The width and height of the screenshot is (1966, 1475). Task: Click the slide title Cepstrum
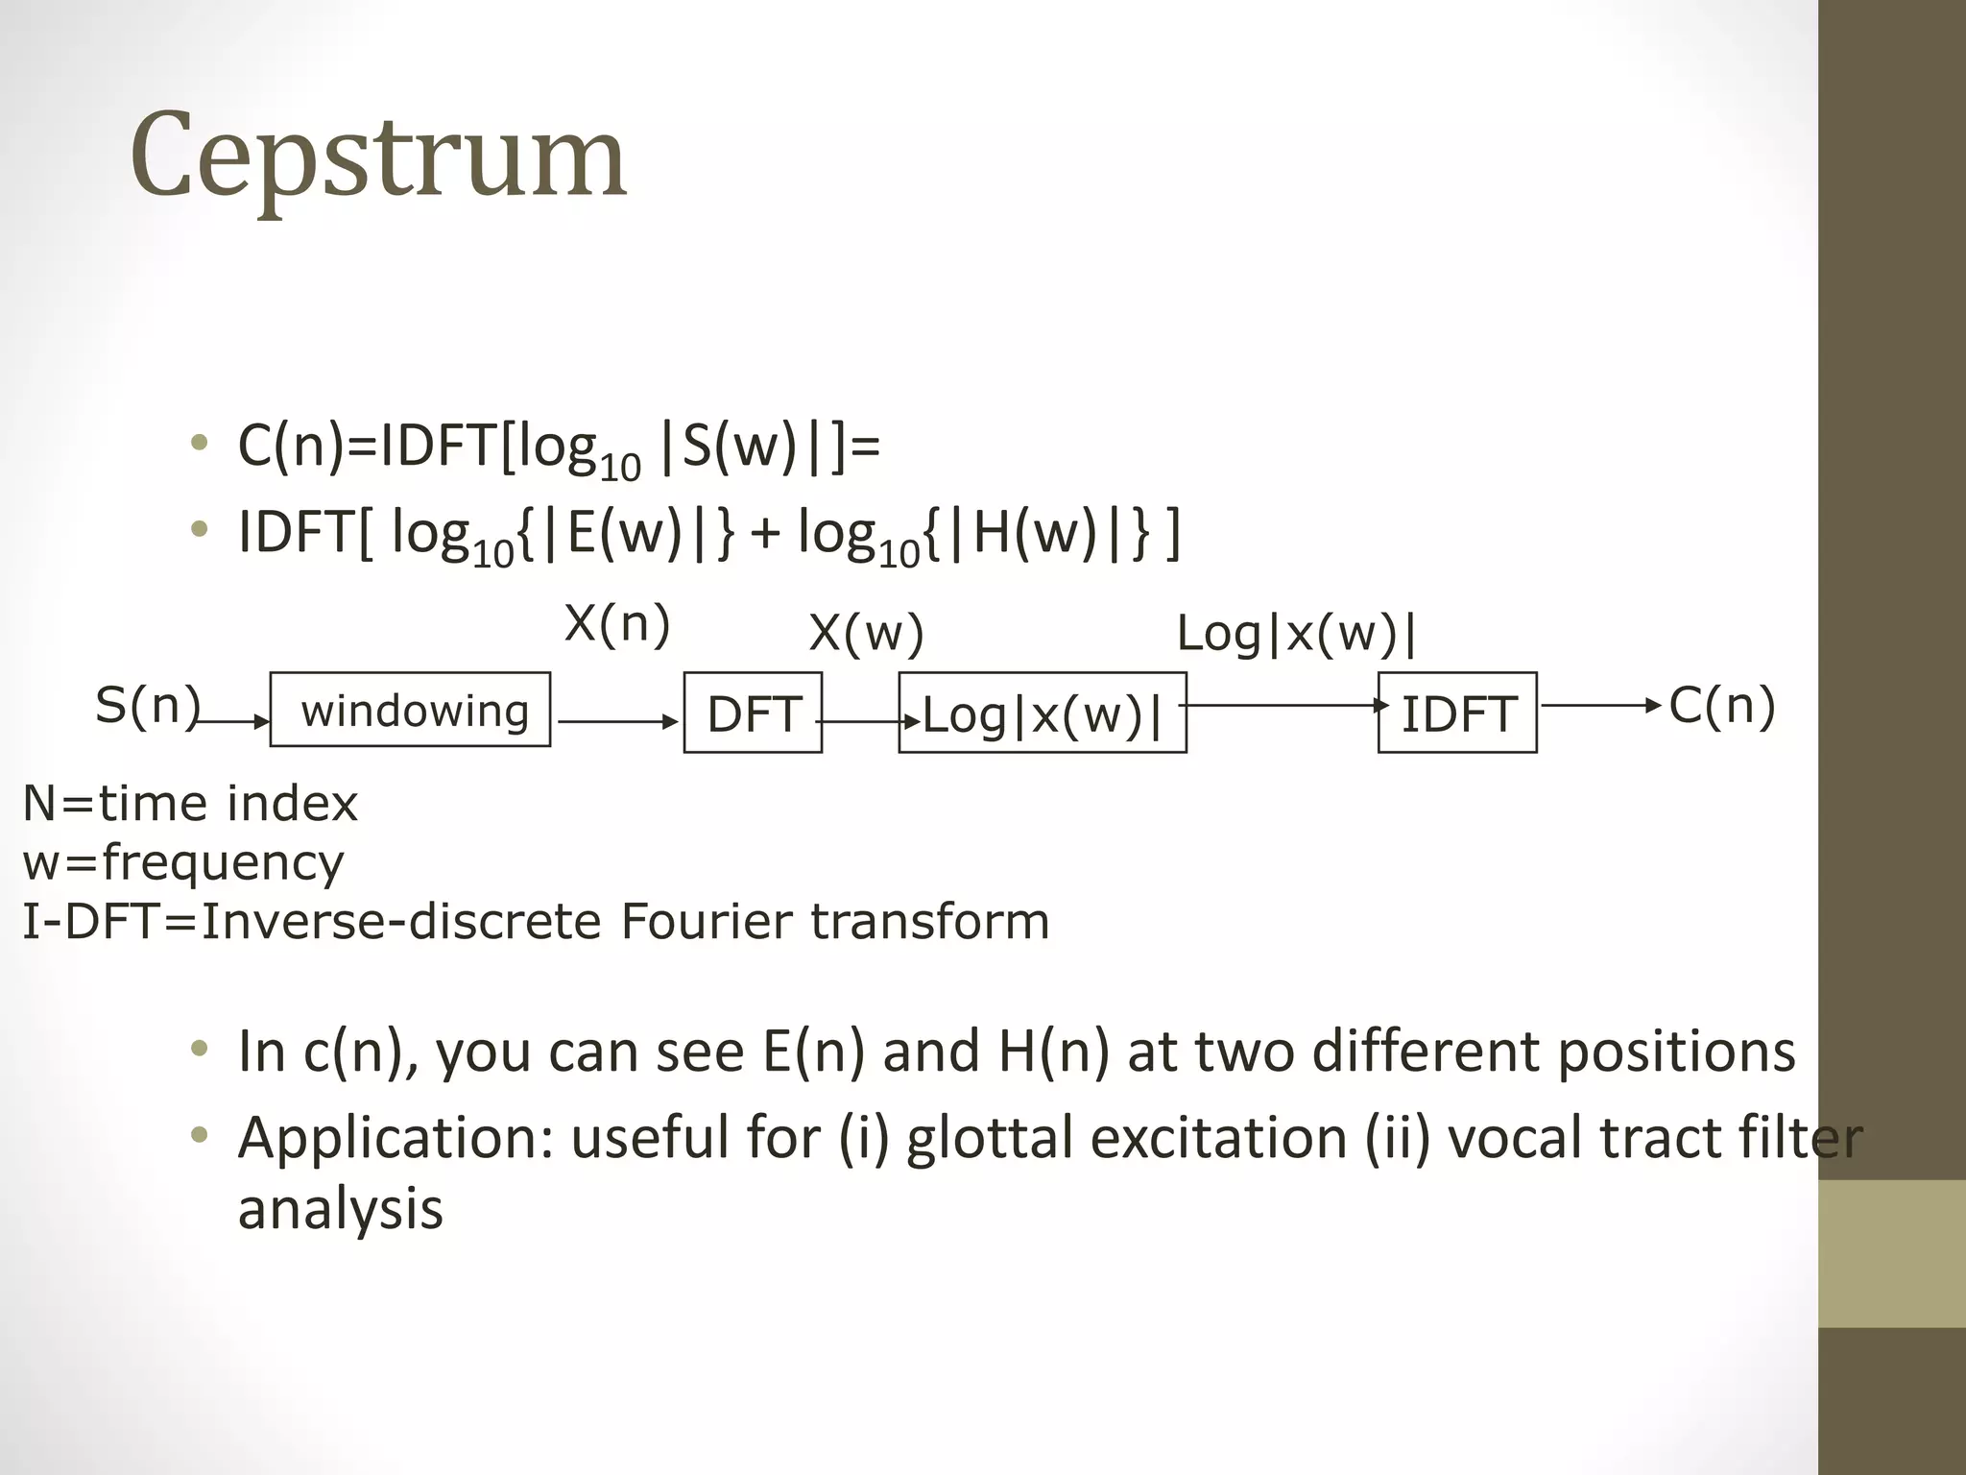coord(378,157)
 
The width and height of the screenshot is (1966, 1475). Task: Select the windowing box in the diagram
coord(410,710)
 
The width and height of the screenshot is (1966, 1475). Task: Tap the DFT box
coord(753,713)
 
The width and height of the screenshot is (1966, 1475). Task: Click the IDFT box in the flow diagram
coord(1457,713)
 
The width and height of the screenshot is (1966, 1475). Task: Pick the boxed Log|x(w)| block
coord(1043,713)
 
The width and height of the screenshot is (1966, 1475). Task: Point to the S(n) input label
coord(147,705)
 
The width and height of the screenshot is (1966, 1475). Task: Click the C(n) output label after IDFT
coord(1722,706)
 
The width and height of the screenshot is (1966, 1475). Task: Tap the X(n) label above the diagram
coord(617,624)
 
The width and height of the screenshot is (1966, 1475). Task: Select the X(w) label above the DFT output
coord(866,633)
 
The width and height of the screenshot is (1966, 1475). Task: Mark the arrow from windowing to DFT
coord(617,721)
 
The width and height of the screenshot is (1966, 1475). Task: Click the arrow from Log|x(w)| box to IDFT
coord(1283,706)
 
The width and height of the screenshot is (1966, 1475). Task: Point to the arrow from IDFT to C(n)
coord(1599,706)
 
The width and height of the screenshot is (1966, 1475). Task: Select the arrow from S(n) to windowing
coord(233,721)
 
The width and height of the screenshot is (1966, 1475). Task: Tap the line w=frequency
coord(182,861)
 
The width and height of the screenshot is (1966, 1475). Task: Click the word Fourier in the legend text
coord(707,921)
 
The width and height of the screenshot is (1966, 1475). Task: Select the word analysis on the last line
coord(341,1208)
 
